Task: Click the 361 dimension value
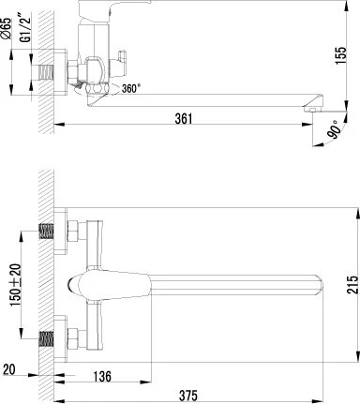(184, 119)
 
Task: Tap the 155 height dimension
(340, 55)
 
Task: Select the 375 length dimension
(188, 396)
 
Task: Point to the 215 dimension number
(352, 284)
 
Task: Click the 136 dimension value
(102, 376)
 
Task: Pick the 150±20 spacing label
(16, 285)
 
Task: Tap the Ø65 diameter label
(6, 28)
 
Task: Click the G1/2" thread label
(26, 27)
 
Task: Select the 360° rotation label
(129, 89)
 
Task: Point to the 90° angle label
(334, 129)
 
